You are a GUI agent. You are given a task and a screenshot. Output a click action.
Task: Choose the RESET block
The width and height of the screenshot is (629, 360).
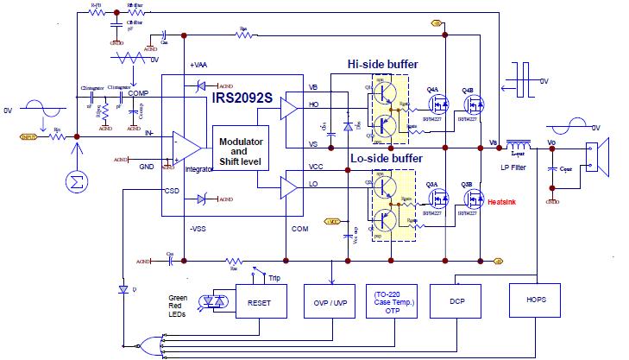[259, 303]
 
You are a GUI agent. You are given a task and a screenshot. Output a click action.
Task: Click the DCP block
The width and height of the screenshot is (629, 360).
[457, 303]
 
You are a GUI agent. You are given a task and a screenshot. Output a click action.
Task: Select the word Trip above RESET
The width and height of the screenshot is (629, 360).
[274, 277]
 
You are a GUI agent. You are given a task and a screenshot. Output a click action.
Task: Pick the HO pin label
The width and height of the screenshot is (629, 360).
[313, 105]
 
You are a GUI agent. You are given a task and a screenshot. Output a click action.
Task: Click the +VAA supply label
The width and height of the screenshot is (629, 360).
[198, 66]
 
